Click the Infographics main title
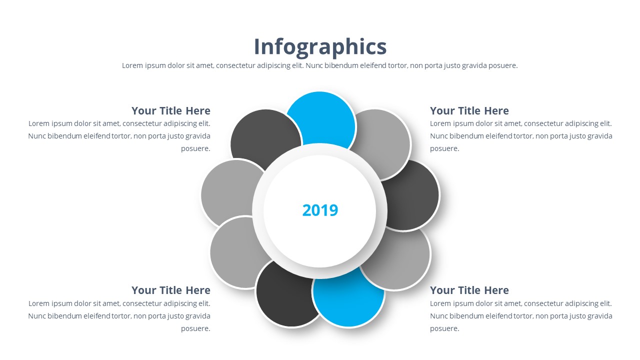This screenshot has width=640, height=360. coord(320,46)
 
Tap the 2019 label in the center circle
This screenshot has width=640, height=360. coord(320,210)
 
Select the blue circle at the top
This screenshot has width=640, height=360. coord(320,117)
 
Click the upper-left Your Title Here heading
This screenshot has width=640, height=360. coord(171,111)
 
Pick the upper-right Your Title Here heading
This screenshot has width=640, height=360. coord(469,111)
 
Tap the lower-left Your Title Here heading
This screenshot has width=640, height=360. coord(171,290)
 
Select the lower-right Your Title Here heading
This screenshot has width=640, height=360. coord(469,290)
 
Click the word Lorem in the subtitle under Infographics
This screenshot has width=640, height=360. coord(132,65)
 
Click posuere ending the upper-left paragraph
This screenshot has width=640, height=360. coord(195,148)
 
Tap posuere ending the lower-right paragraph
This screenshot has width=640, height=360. coord(444,328)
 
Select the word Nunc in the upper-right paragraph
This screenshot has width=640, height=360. coord(439,136)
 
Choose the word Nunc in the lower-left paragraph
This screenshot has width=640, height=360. coord(37,316)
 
